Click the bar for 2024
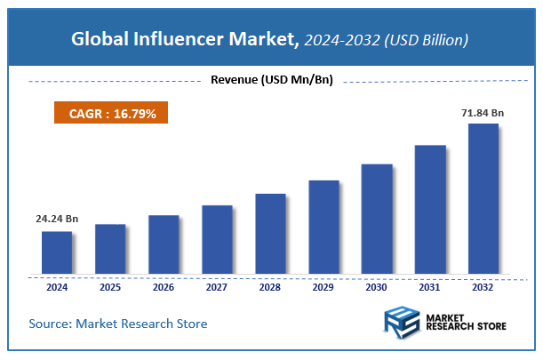(57, 252)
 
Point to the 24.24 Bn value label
(57, 218)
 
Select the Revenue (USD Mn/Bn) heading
(271, 80)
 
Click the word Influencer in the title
(193, 40)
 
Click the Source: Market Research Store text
(118, 324)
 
